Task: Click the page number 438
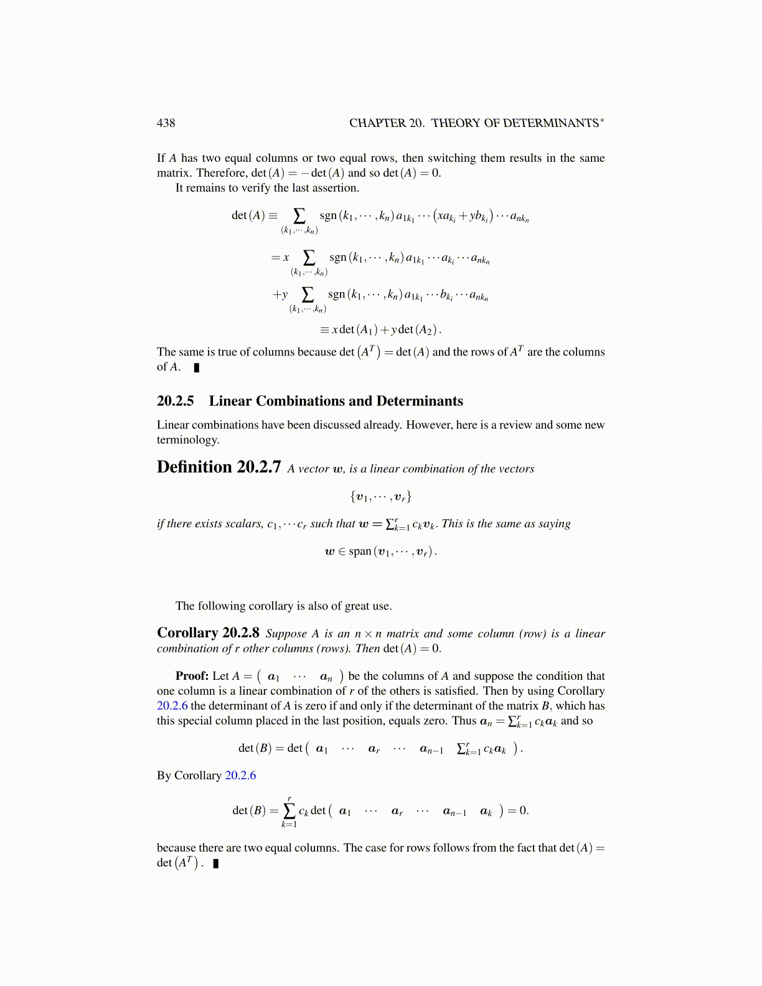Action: [166, 123]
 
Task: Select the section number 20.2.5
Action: [175, 401]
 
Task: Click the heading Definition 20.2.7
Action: [219, 467]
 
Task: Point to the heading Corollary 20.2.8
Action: [208, 633]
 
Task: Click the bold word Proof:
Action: [192, 676]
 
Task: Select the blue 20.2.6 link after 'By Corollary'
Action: [240, 776]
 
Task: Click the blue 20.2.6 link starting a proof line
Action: [172, 706]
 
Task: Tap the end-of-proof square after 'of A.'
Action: [197, 367]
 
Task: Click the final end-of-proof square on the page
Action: [216, 863]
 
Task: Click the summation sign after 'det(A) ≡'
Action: [299, 216]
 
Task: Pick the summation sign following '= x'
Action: [309, 257]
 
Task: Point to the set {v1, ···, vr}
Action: [380, 497]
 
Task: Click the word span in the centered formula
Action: [360, 552]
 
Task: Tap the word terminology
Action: [187, 440]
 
